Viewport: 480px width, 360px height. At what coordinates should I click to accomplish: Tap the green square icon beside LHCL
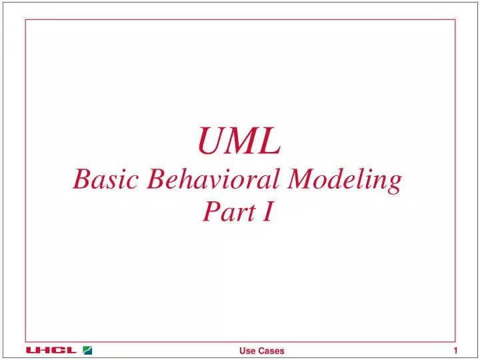[x=88, y=350]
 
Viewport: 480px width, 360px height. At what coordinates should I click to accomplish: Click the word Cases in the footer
[x=271, y=351]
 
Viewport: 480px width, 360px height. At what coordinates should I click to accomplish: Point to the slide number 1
[x=455, y=351]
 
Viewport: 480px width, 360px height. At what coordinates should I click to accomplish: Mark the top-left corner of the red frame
[x=26, y=19]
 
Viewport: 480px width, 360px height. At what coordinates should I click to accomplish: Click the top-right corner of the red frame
[x=455, y=19]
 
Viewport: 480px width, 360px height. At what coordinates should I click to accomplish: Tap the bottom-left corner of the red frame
[x=26, y=341]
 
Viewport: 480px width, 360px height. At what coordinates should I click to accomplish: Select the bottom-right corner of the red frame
[x=455, y=341]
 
